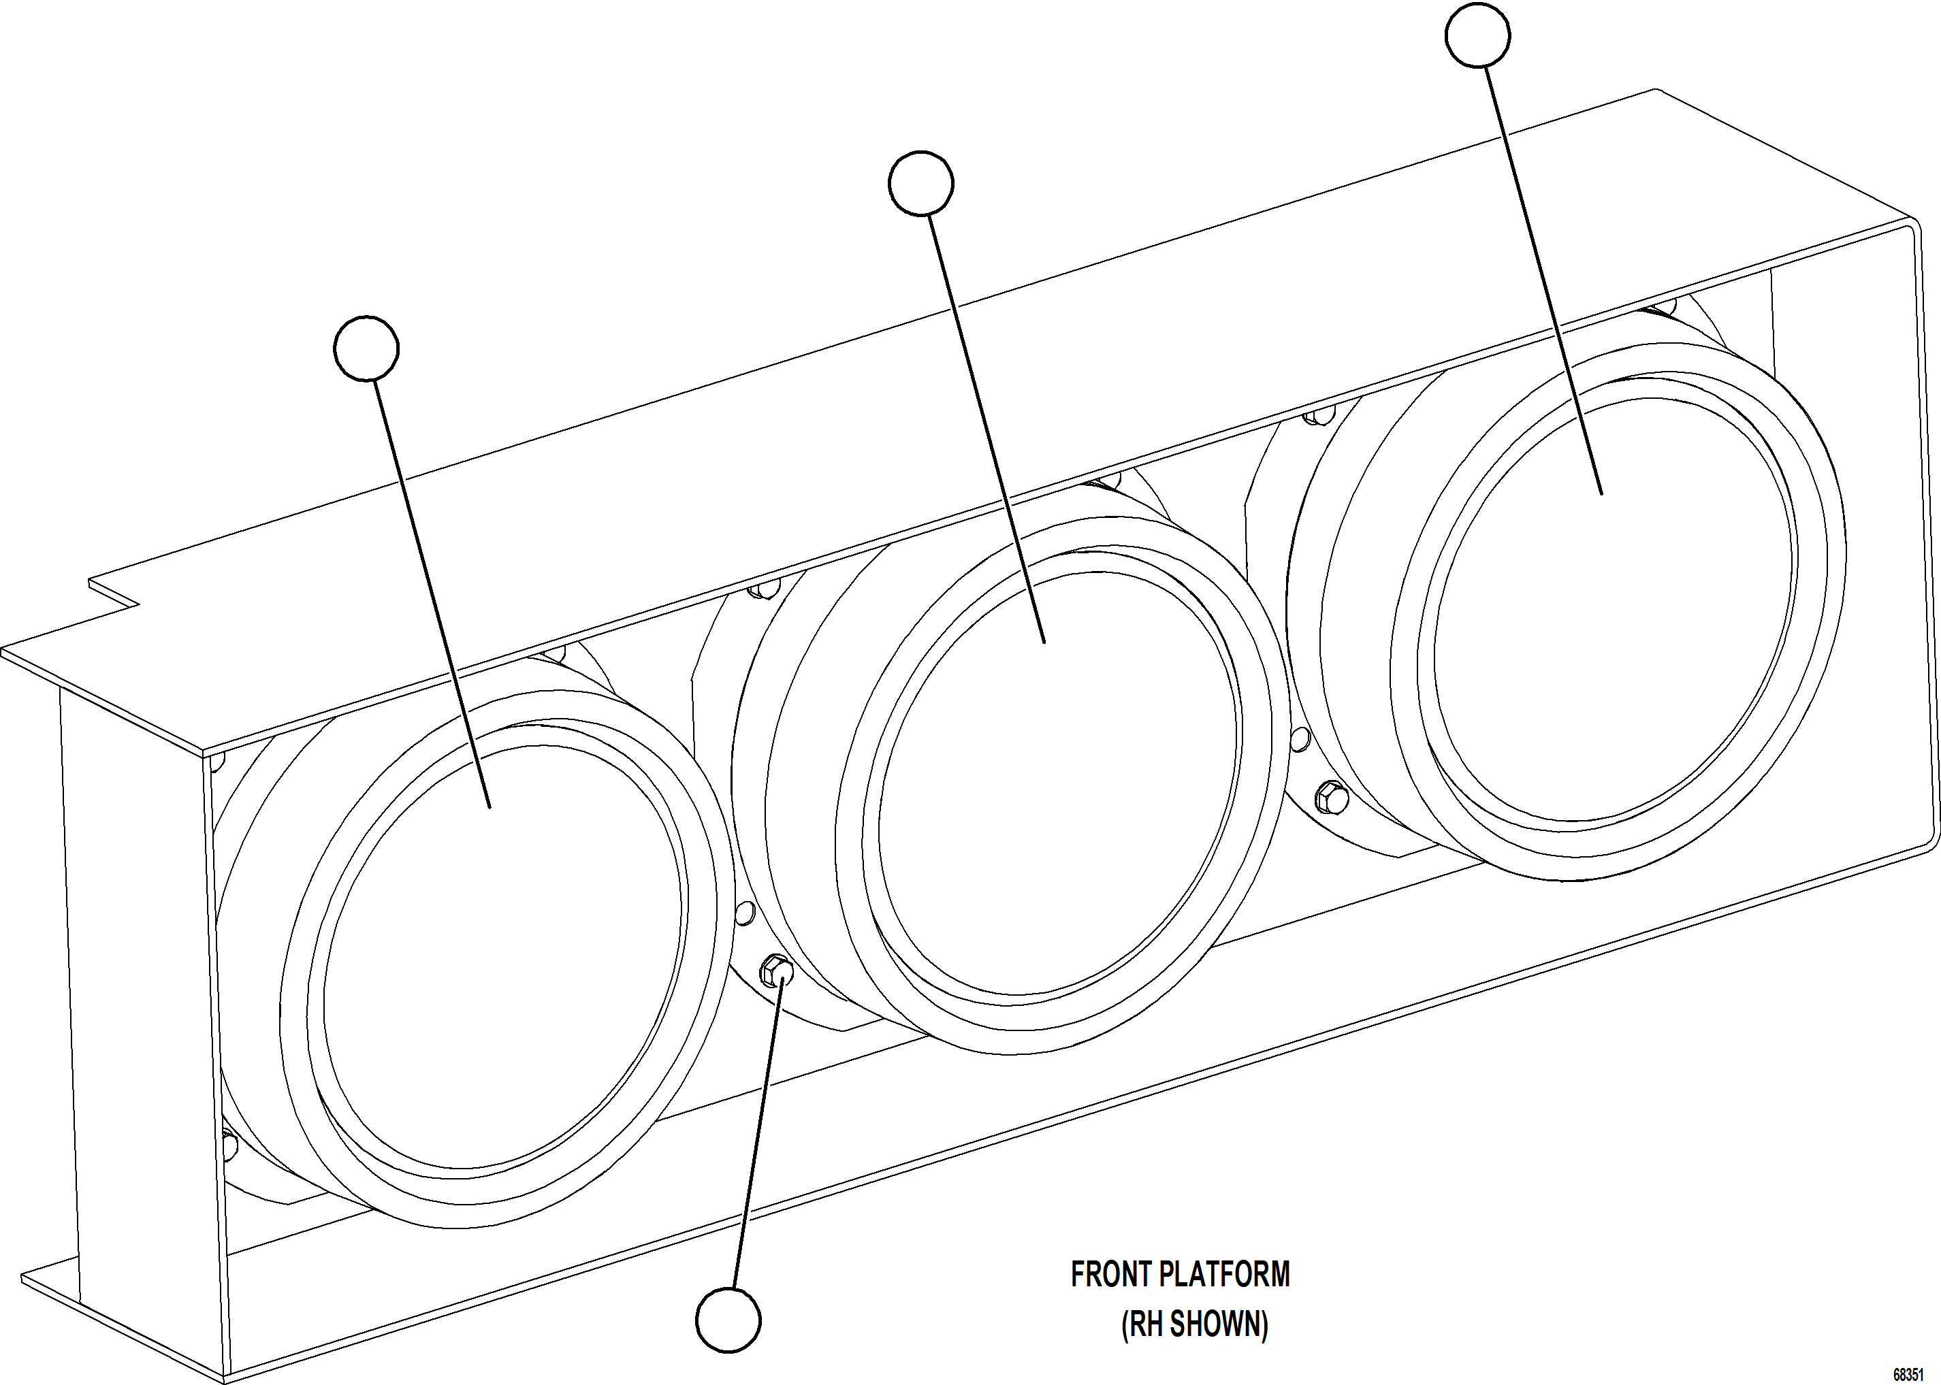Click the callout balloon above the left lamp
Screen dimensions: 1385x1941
[x=366, y=348]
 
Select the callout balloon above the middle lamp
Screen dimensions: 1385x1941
[x=920, y=183]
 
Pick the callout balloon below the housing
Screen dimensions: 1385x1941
[x=728, y=1320]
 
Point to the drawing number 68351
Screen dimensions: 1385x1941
[x=1908, y=1375]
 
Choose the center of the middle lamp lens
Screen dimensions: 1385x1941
[x=1058, y=785]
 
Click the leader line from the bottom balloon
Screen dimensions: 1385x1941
[x=755, y=1135]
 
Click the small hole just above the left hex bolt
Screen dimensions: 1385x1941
[x=744, y=913]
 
